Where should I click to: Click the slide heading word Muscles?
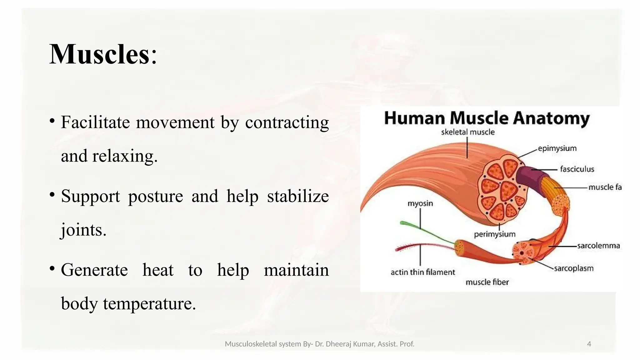click(x=99, y=55)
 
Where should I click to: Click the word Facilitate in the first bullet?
click(x=95, y=122)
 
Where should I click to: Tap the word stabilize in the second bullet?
click(x=297, y=196)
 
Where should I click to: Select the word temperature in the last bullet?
click(x=149, y=303)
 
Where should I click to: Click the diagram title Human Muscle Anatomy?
click(x=487, y=118)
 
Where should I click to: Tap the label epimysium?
click(x=557, y=148)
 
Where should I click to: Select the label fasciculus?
click(x=577, y=169)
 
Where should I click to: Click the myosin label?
click(x=420, y=203)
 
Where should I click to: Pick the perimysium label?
click(x=494, y=234)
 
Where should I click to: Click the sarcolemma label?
click(x=598, y=246)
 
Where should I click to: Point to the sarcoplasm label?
click(x=573, y=268)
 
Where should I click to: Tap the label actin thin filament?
click(x=423, y=272)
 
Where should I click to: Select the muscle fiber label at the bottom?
click(x=487, y=282)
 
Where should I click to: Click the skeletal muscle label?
click(x=467, y=132)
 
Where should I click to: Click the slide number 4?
click(x=589, y=344)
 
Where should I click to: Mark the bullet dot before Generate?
click(x=52, y=268)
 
